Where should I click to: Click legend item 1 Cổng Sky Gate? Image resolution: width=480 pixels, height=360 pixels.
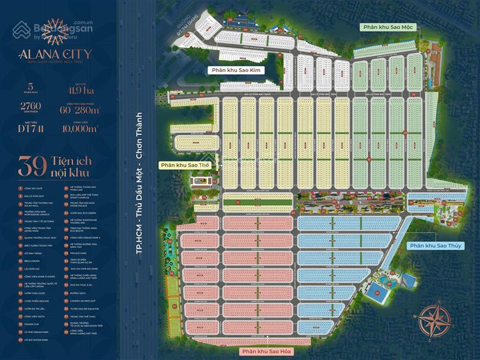34,188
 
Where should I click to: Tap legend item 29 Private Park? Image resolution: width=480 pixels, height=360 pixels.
82,253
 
